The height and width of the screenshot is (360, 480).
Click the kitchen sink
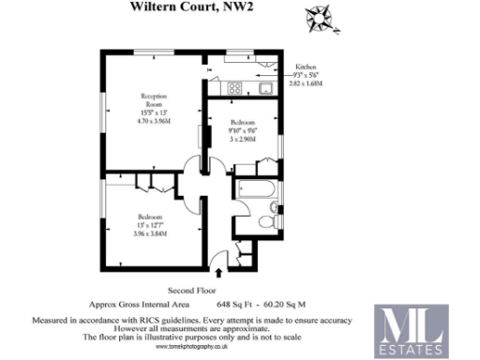[x=265, y=89]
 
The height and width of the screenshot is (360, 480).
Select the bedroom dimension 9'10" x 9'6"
[x=245, y=129]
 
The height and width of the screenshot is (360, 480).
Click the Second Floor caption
[x=192, y=291]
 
